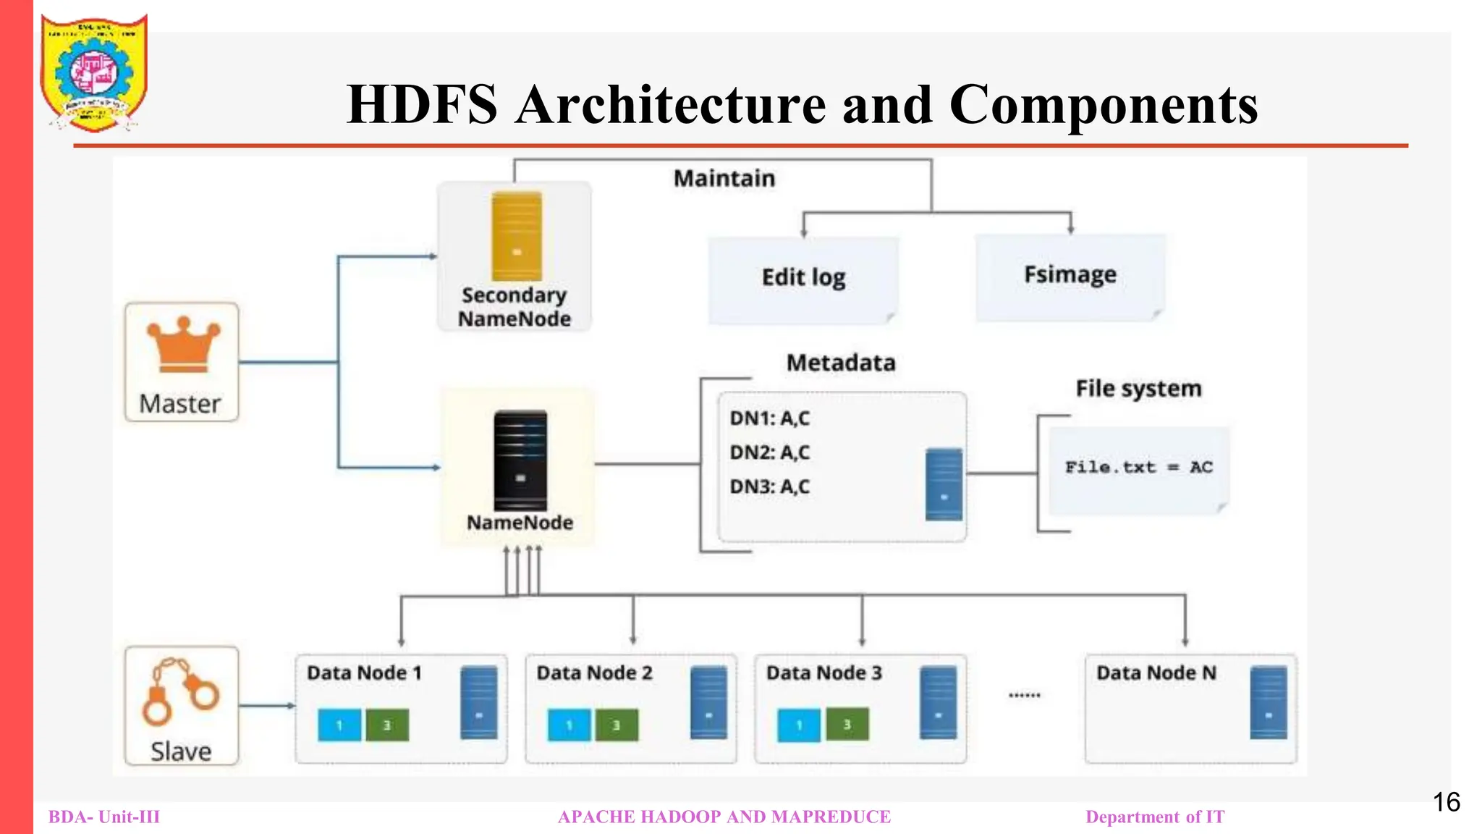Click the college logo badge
[x=93, y=73]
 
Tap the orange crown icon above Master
[x=183, y=345]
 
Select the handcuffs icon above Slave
[x=180, y=691]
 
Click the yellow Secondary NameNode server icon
[x=516, y=236]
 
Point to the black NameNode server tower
[x=520, y=460]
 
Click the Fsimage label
[x=1070, y=275]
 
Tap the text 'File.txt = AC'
[x=1138, y=468]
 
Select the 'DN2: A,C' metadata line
[x=769, y=452]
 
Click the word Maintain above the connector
[x=724, y=179]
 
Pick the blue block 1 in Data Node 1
[x=339, y=725]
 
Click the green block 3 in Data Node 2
[x=617, y=725]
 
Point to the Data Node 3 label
[x=823, y=673]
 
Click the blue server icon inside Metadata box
[x=944, y=484]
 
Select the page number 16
[x=1446, y=802]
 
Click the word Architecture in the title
[x=671, y=105]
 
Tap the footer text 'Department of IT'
[x=1154, y=817]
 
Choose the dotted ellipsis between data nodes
[x=1024, y=695]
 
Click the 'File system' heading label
[x=1138, y=389]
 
